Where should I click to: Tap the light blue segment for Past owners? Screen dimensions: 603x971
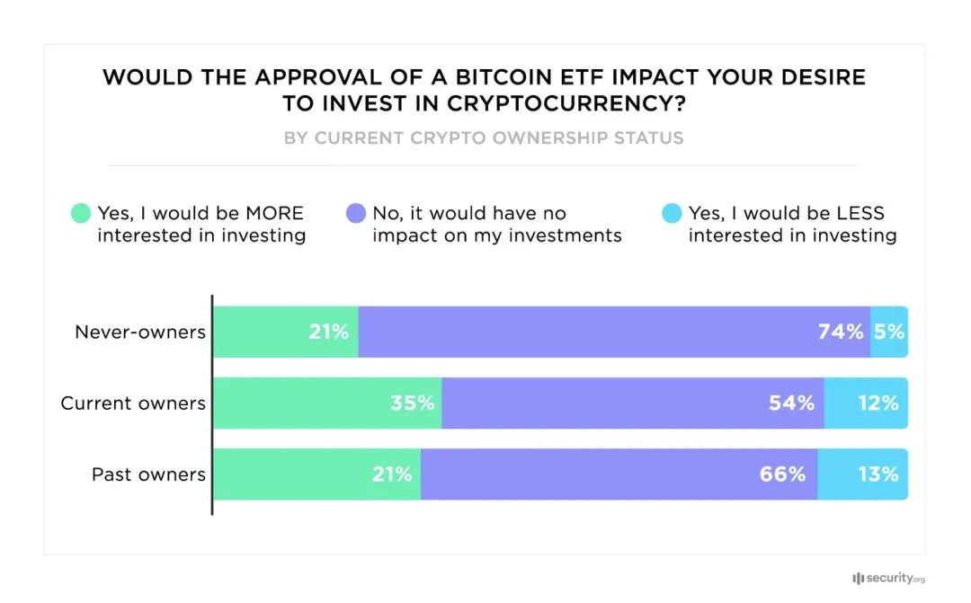click(862, 474)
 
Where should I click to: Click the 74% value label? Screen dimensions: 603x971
click(841, 332)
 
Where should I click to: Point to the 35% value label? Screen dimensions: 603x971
click(412, 403)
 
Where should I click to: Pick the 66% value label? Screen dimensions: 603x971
click(782, 474)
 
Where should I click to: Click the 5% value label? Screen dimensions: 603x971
click(889, 332)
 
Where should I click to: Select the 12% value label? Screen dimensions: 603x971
click(877, 403)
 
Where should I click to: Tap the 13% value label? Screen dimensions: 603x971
click(877, 474)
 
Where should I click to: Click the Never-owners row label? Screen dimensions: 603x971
click(140, 332)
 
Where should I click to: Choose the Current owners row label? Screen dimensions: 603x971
click(133, 403)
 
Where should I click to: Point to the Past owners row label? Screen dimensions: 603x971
click(148, 474)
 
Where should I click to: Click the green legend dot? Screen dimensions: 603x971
click(81, 214)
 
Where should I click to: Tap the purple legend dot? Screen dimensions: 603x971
click(355, 214)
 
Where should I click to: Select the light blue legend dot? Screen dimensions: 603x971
click(672, 214)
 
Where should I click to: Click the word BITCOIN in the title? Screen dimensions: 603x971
click(409, 77)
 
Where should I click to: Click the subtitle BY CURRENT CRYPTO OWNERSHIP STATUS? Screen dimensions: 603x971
click(484, 138)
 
